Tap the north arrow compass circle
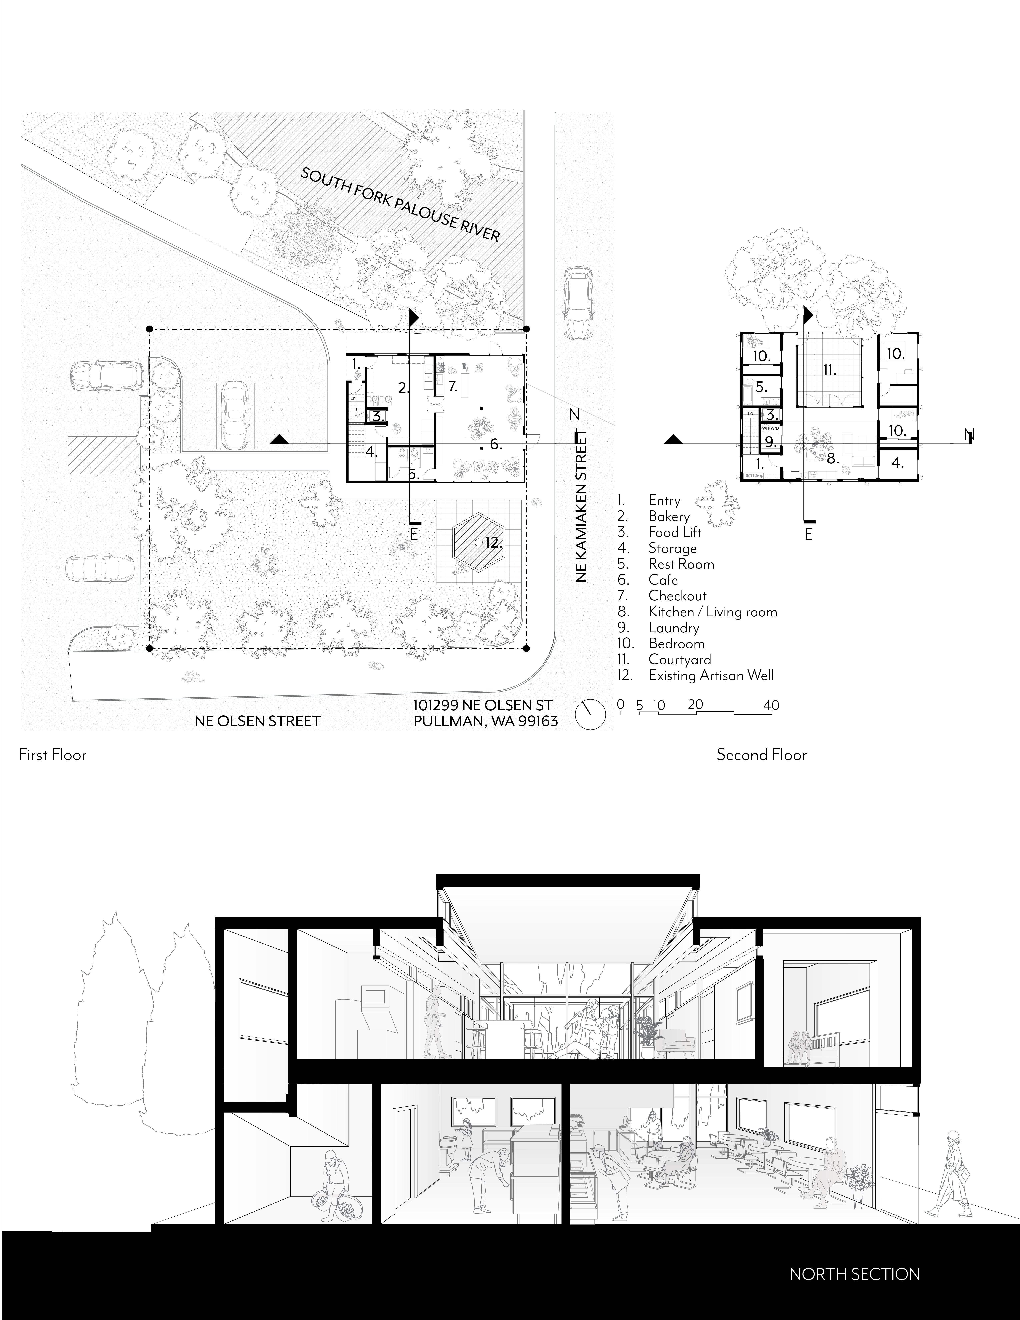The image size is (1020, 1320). coord(590,715)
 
